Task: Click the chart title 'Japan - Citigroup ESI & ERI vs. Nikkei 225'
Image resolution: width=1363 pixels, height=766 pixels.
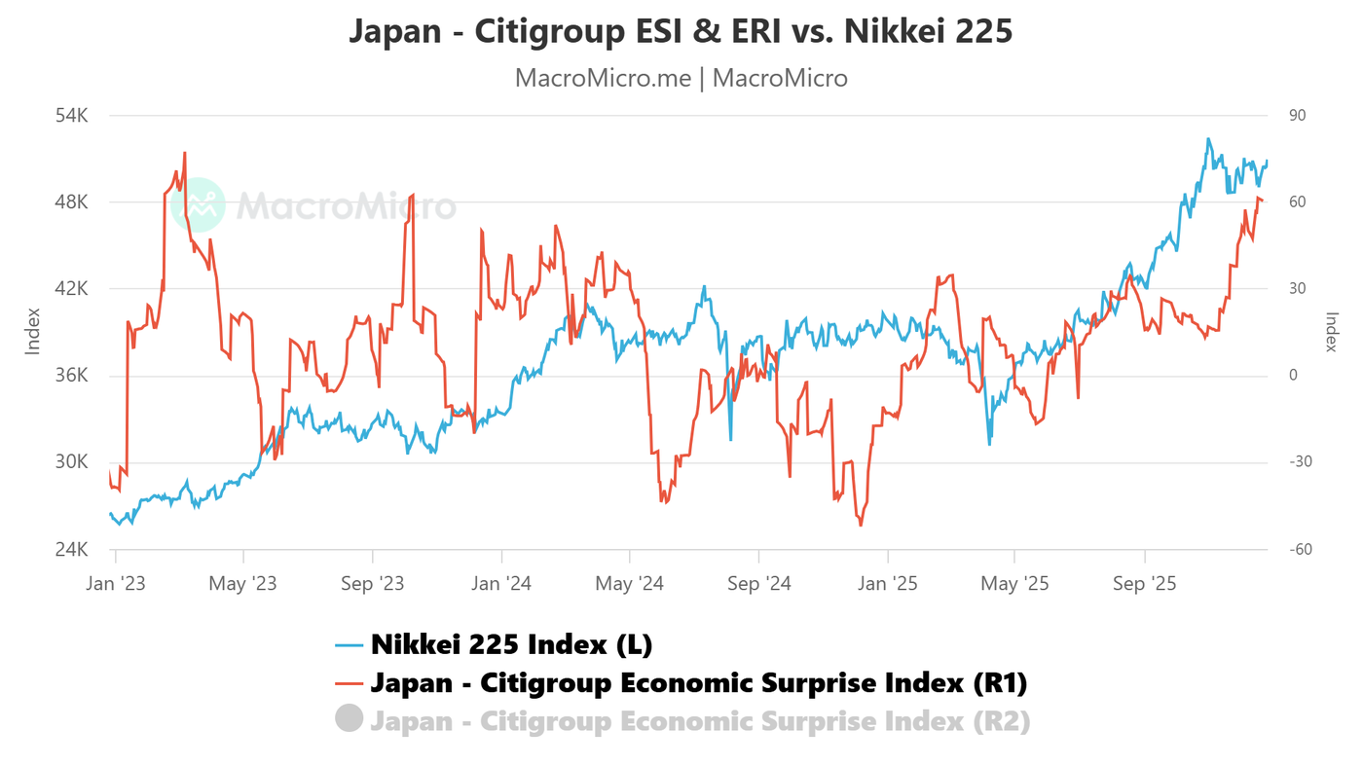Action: click(681, 31)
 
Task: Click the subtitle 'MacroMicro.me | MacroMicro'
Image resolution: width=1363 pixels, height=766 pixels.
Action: click(681, 78)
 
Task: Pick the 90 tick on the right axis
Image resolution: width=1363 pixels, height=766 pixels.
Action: click(1297, 116)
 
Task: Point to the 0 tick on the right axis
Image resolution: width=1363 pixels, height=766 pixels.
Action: click(1292, 376)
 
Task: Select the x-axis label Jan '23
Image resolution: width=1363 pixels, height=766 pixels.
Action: click(116, 584)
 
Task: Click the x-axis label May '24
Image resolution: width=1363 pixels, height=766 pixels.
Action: click(629, 584)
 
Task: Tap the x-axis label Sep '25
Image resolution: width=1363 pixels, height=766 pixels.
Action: click(1144, 584)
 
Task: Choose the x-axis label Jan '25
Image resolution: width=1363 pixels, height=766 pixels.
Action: click(887, 584)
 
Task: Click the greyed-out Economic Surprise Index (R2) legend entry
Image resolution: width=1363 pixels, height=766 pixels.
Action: click(699, 721)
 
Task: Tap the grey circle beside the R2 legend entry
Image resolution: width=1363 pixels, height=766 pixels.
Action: click(350, 719)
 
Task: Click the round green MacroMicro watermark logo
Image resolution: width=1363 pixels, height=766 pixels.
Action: click(200, 205)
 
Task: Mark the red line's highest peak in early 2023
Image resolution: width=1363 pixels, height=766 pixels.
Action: click(184, 153)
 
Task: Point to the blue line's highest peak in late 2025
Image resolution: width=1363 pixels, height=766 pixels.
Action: click(1208, 139)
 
